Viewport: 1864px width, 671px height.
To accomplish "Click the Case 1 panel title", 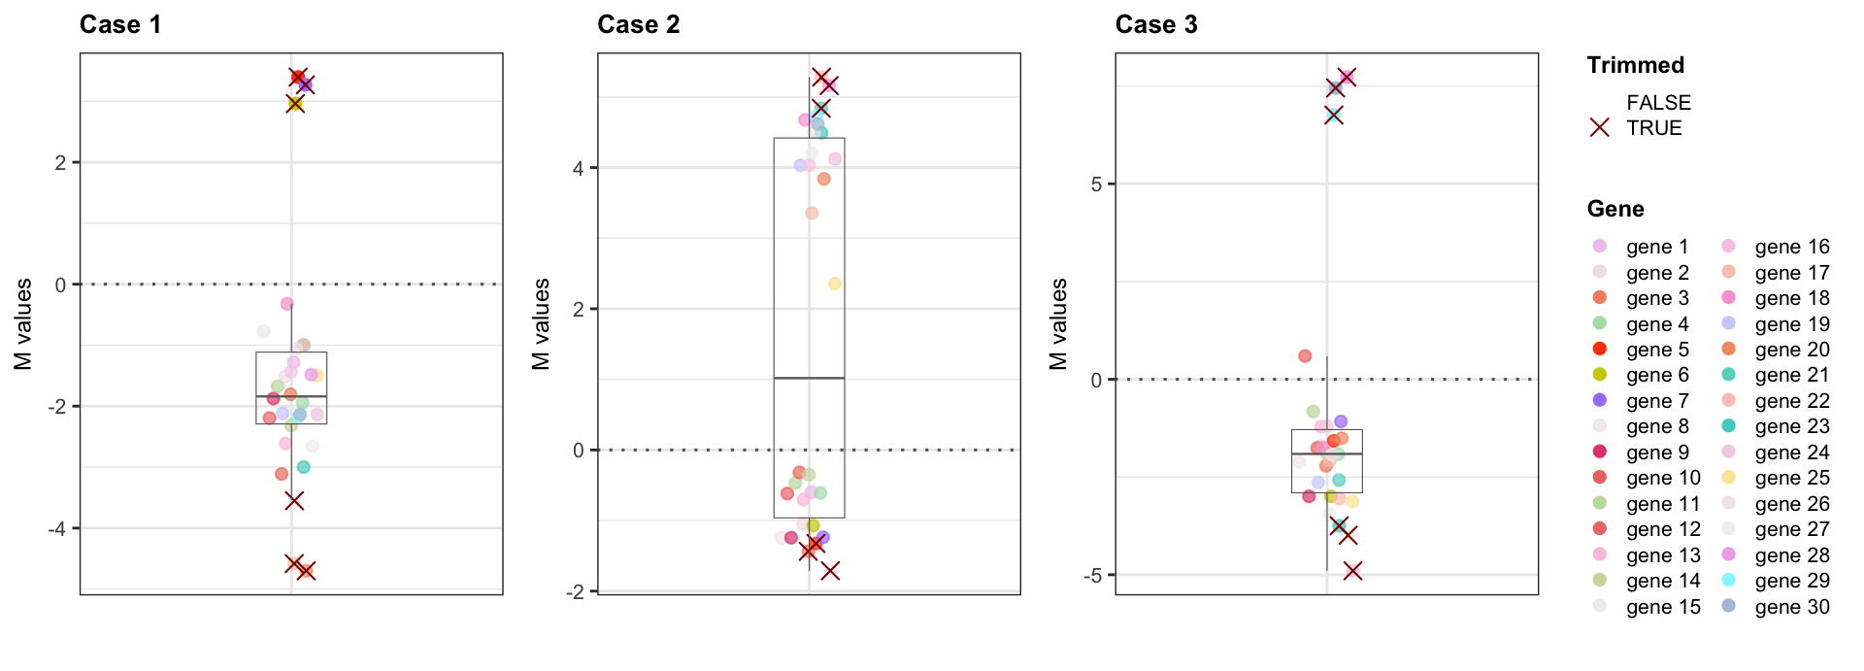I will (x=120, y=25).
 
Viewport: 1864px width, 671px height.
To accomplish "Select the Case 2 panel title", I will (x=638, y=25).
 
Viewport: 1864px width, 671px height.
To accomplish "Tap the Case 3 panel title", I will (x=1156, y=25).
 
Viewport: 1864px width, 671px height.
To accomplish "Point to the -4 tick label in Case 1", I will (x=58, y=529).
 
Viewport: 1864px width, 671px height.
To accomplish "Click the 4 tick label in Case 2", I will (x=579, y=169).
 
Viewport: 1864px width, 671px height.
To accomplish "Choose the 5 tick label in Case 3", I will (x=1096, y=185).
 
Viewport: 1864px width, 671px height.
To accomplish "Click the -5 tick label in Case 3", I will (x=1092, y=576).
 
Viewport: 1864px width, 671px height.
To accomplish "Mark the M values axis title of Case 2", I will (x=541, y=324).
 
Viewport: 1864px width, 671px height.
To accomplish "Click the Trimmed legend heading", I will (x=1635, y=65).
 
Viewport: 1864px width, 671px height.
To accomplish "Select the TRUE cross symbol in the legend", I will (x=1599, y=128).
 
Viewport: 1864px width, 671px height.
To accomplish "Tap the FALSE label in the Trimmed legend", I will (x=1658, y=103).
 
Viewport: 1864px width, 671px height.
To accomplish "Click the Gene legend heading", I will (x=1614, y=209).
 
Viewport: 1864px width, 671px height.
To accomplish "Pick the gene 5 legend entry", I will (x=1657, y=350).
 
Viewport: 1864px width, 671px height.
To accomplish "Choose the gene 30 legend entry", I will (x=1791, y=607).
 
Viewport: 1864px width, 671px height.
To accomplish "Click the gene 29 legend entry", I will (x=1791, y=581).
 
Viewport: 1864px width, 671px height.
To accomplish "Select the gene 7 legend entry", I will (x=1657, y=401).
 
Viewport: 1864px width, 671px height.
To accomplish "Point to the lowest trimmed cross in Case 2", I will (x=830, y=570).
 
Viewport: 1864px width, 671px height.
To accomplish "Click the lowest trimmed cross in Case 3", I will (x=1352, y=570).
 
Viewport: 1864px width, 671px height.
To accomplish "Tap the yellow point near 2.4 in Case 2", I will (x=834, y=284).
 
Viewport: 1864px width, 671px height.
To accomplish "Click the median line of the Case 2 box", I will (x=809, y=378).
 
